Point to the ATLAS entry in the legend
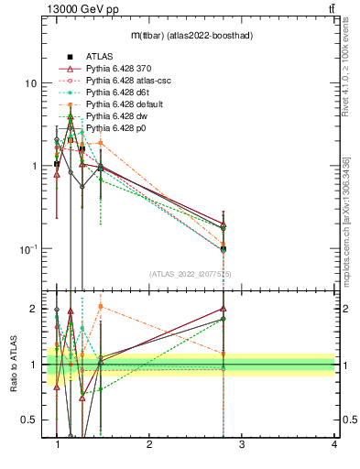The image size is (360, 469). [x=99, y=57]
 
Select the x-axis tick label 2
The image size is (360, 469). [x=149, y=444]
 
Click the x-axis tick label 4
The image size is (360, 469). [x=333, y=444]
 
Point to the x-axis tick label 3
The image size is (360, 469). [x=242, y=444]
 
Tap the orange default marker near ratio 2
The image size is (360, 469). [x=100, y=307]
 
